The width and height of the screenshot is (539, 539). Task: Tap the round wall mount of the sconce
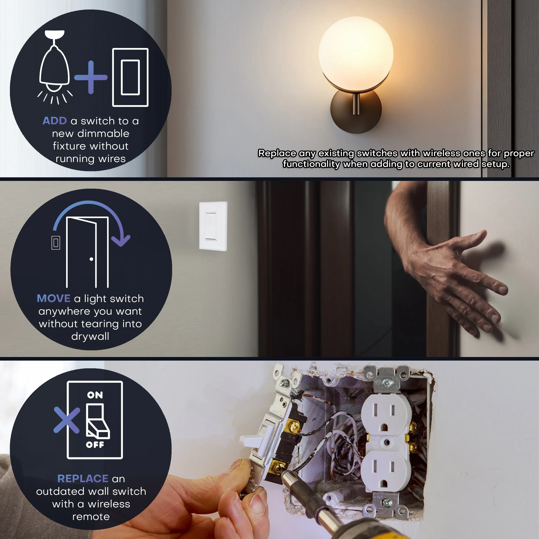[356, 112]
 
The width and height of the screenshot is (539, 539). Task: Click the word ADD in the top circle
[55, 121]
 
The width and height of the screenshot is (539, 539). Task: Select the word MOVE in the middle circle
[54, 298]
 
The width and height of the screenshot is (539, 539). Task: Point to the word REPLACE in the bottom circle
[83, 479]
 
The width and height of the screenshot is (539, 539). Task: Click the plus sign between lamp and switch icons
[91, 77]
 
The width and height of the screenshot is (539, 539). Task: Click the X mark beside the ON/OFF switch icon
[67, 420]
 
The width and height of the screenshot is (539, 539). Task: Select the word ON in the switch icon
[95, 395]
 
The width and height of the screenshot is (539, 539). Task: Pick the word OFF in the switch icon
[95, 445]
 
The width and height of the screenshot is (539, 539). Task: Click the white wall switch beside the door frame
[213, 226]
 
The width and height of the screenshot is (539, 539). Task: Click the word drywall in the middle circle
[90, 337]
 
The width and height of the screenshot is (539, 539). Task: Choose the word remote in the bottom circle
[91, 517]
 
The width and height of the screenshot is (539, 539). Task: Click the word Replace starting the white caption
[277, 153]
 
